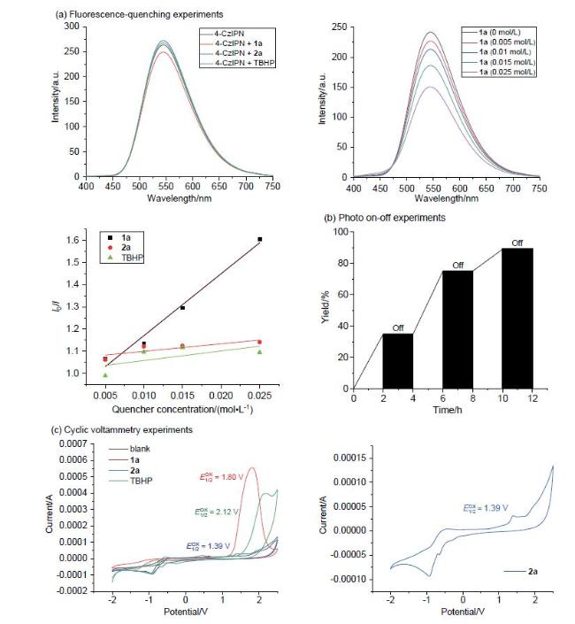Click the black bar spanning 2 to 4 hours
click(398, 361)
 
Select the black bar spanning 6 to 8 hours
click(457, 329)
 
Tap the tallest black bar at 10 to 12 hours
click(517, 319)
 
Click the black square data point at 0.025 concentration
click(260, 239)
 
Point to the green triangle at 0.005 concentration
click(105, 375)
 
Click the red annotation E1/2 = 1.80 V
click(221, 477)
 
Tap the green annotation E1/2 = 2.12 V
click(216, 512)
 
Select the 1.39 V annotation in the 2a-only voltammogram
click(486, 508)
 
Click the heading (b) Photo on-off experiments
click(385, 218)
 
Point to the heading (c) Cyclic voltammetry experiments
click(122, 430)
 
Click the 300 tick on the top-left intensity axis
click(72, 27)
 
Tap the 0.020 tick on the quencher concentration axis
click(221, 396)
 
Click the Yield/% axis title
click(325, 310)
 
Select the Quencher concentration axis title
click(182, 409)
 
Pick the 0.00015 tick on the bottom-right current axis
click(350, 458)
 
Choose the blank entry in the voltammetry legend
click(140, 449)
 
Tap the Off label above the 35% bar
click(398, 327)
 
